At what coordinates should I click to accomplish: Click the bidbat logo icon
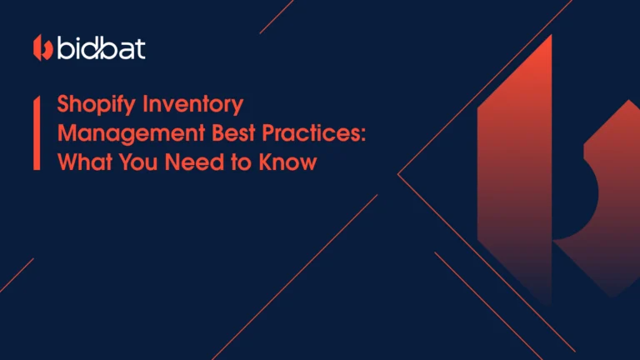coord(43,48)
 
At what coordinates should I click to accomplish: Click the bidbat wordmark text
coord(101,48)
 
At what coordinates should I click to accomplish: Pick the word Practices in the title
coord(313,133)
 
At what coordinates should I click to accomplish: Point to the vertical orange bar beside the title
coord(37,133)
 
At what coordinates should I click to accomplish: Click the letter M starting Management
coord(67,133)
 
